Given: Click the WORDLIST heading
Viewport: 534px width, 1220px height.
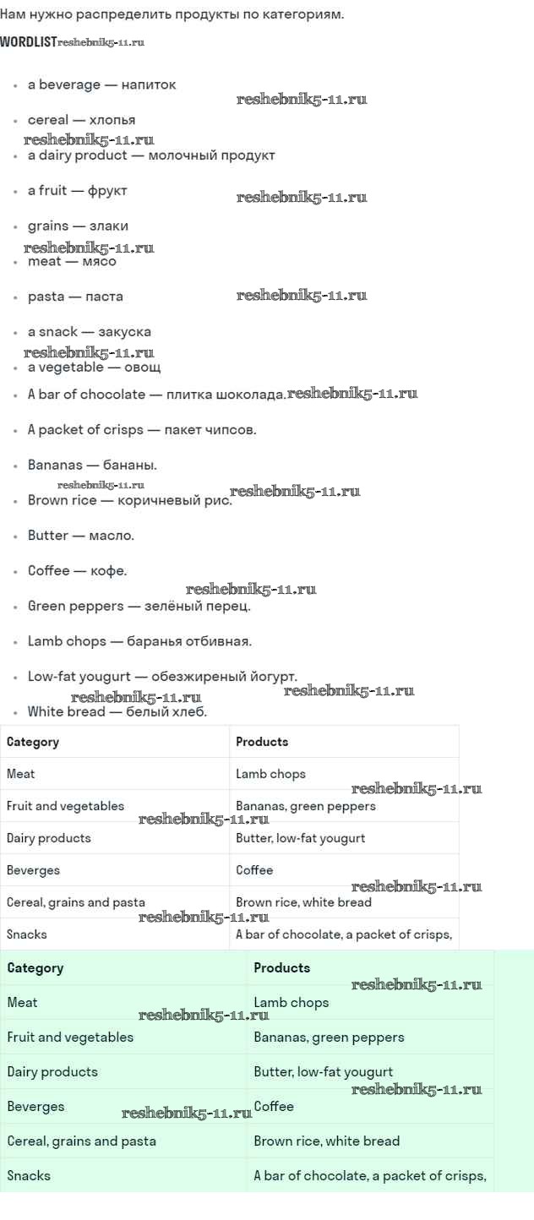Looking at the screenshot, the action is coord(29,42).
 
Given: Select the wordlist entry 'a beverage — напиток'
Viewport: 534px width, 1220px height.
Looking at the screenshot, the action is coord(102,85).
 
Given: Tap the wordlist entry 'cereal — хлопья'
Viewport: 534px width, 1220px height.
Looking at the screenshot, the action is coord(82,120).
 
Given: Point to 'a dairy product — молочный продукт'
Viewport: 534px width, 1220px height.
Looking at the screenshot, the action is coord(151,155).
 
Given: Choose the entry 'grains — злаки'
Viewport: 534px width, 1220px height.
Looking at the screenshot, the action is coord(78,226).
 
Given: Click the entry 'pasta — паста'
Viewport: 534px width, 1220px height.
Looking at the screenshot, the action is coord(75,297).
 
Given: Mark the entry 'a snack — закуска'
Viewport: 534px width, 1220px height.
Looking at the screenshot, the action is coord(90,332).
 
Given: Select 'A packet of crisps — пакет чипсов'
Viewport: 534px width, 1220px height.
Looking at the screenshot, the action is coord(142,430).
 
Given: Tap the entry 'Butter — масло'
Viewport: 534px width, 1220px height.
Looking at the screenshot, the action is coord(80,536).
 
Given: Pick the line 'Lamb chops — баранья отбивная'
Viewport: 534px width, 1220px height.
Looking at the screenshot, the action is coord(139,641).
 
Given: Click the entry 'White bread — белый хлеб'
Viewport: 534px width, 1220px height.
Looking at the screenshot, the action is coord(117,712).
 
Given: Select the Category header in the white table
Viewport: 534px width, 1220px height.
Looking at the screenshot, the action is coord(33,742).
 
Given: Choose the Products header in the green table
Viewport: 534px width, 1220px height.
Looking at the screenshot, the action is coord(281,968).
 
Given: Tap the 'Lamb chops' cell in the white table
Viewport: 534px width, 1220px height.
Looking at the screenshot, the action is coord(270,774).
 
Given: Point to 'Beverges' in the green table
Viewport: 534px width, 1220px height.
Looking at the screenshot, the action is coord(35,1107).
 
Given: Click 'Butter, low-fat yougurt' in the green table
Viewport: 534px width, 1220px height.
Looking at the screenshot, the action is coord(323,1072).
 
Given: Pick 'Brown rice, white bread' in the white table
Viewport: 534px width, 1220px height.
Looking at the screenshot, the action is coord(303,902).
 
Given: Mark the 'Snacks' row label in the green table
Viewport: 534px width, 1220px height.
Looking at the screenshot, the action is coord(29,1176).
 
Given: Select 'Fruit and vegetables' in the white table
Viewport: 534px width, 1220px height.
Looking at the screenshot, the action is coord(65,806).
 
